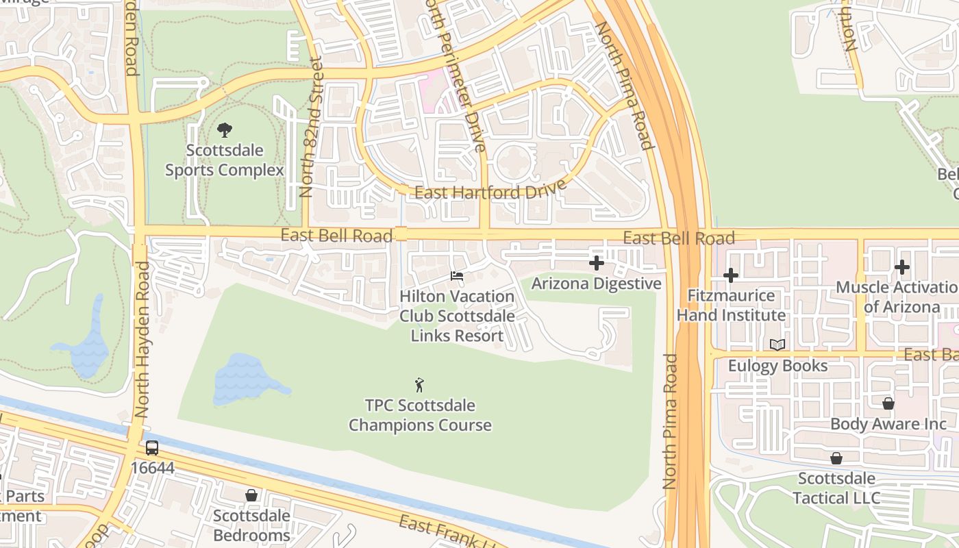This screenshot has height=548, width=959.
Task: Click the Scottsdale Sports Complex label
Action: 224,160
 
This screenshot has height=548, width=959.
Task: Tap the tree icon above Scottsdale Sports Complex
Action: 224,130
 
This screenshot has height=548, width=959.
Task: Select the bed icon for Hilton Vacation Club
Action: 457,276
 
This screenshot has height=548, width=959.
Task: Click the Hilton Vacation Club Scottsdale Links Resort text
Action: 457,316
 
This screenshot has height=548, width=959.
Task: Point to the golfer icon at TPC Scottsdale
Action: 420,385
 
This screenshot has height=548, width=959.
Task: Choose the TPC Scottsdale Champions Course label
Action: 420,415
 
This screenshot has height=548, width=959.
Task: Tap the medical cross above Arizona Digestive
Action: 597,263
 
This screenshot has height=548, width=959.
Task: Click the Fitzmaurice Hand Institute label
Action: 731,306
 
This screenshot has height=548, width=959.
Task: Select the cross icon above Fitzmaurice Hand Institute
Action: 731,275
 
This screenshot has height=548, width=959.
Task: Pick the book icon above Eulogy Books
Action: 777,345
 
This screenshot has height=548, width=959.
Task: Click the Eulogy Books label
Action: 777,366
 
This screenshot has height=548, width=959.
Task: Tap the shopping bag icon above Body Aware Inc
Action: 888,403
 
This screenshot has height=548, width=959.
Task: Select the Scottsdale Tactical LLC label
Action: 836,488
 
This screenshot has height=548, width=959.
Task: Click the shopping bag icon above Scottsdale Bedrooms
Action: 251,495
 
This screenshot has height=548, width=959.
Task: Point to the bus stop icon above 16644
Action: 152,448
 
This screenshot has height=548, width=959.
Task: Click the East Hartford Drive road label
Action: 490,190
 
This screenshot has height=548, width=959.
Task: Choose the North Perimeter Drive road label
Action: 456,75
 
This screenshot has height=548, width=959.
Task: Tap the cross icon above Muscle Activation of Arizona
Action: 902,267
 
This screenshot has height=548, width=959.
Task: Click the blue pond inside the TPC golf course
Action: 243,379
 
